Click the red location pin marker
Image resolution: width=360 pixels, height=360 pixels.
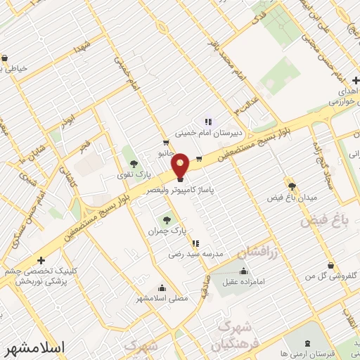(181, 165)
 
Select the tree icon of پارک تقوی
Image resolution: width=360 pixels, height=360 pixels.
(134, 165)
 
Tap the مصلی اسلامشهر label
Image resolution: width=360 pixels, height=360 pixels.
(163, 298)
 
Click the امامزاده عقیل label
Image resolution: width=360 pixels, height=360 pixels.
(243, 282)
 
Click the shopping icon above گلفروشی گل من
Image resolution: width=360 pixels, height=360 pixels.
(331, 266)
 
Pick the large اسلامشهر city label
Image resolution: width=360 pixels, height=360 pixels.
(34, 347)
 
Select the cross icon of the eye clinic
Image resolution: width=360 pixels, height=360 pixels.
(41, 260)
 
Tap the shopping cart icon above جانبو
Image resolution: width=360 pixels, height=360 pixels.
(166, 141)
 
